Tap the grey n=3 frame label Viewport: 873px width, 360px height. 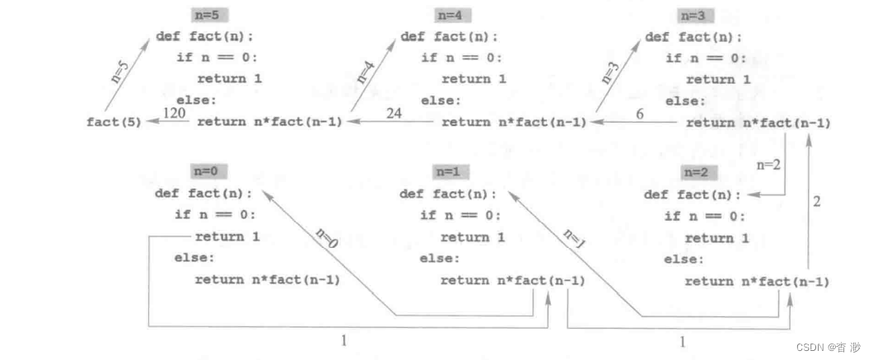[x=696, y=15]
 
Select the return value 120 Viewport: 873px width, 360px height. [x=173, y=114]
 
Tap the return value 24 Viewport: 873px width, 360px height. [x=393, y=114]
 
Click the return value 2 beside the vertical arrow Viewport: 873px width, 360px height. [x=816, y=200]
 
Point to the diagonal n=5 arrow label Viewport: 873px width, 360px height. [x=120, y=73]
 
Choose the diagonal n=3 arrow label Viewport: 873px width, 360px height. [x=610, y=72]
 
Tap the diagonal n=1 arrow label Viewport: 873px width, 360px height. [x=575, y=237]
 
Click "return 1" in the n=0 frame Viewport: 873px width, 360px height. [x=227, y=236]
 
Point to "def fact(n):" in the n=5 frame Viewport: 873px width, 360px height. [x=205, y=37]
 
